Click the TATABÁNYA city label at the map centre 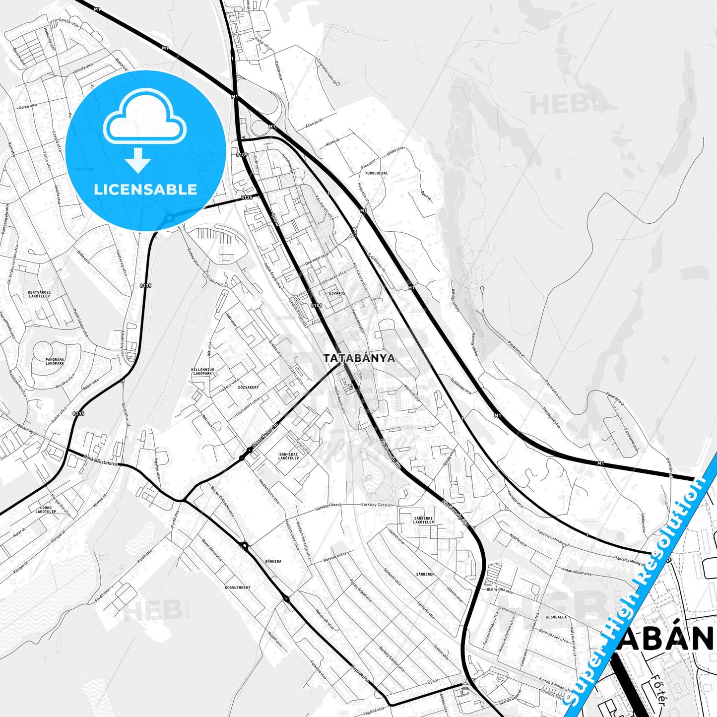click(359, 358)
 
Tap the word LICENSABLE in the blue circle click(145, 189)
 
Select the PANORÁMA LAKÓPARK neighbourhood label click(55, 361)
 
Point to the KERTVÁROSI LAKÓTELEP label click(40, 294)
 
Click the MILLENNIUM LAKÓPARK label click(202, 371)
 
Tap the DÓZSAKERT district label click(249, 387)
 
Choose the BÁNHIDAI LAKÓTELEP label click(289, 456)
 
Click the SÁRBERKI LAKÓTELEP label click(424, 520)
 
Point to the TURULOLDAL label click(376, 173)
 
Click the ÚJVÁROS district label click(336, 293)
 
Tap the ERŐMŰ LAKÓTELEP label click(49, 510)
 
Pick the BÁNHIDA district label click(273, 561)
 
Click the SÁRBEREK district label click(425, 574)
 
